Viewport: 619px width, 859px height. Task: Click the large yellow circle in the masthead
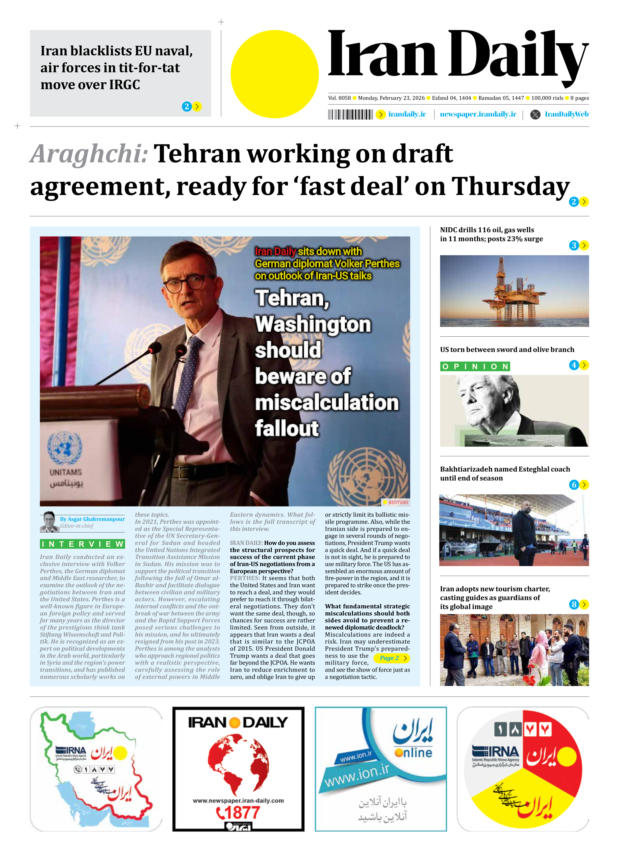tap(275, 74)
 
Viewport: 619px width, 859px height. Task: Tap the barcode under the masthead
tap(350, 114)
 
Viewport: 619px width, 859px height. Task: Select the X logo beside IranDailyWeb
tap(535, 114)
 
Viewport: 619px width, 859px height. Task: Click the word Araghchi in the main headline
tap(89, 154)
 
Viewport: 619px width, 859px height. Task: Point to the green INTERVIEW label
tap(82, 544)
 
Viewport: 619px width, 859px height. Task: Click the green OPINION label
tap(475, 367)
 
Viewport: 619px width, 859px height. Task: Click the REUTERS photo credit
tap(396, 502)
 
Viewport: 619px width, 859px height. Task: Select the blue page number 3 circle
tap(574, 245)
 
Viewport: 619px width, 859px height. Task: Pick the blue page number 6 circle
tap(574, 485)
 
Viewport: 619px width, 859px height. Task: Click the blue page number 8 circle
tap(574, 604)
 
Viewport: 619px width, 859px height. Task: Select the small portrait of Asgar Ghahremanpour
tap(49, 522)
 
